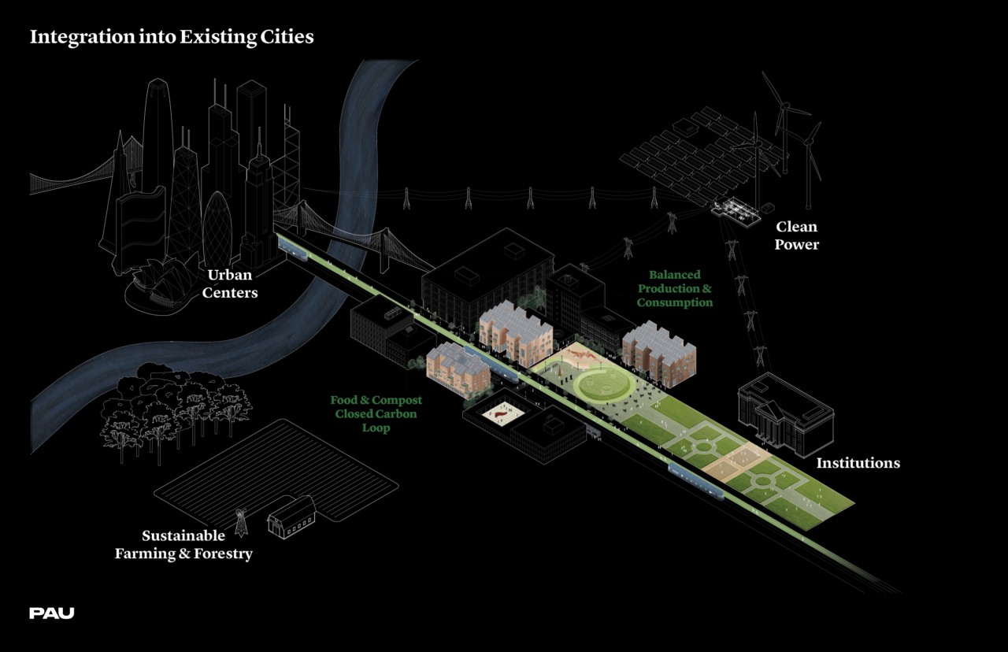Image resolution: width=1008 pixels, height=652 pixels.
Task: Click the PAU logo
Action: (52, 613)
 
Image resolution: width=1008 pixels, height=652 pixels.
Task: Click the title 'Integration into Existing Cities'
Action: (172, 37)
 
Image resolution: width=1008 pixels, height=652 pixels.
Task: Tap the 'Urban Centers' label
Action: (232, 283)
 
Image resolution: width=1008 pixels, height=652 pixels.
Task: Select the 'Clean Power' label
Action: (796, 235)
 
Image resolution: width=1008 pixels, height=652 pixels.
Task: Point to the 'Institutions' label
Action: (858, 463)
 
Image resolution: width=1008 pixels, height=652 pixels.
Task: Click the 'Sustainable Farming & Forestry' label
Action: (183, 545)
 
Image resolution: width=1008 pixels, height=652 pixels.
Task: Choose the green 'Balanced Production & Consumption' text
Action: (675, 289)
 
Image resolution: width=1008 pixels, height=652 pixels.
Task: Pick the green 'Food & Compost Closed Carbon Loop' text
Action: (376, 414)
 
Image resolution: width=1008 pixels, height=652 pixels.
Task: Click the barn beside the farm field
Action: (291, 517)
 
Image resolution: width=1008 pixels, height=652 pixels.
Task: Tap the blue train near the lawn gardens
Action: (695, 480)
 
